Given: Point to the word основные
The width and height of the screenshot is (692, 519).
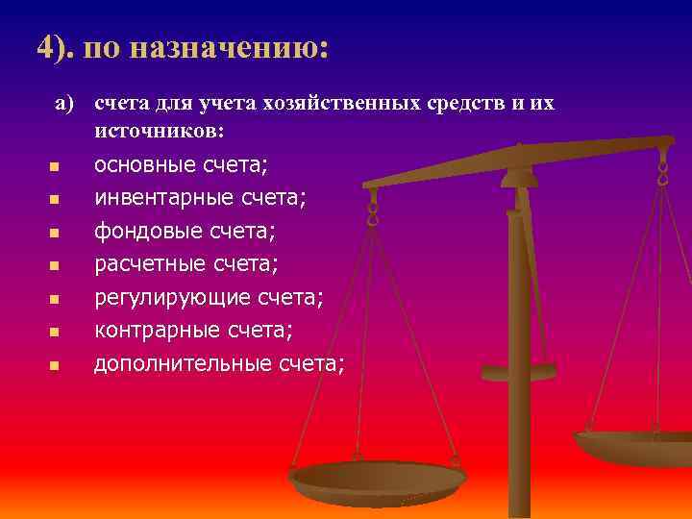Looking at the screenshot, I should [144, 165].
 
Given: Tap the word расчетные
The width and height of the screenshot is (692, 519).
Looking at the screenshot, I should [150, 264].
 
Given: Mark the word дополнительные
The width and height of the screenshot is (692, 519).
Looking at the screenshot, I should [183, 363].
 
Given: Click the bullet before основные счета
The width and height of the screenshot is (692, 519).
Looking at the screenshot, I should [55, 167].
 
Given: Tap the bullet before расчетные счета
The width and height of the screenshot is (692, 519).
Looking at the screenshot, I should [55, 266].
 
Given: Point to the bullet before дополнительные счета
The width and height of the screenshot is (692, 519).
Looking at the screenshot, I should [55, 365].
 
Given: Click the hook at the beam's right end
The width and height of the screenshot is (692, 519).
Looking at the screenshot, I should [662, 173].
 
